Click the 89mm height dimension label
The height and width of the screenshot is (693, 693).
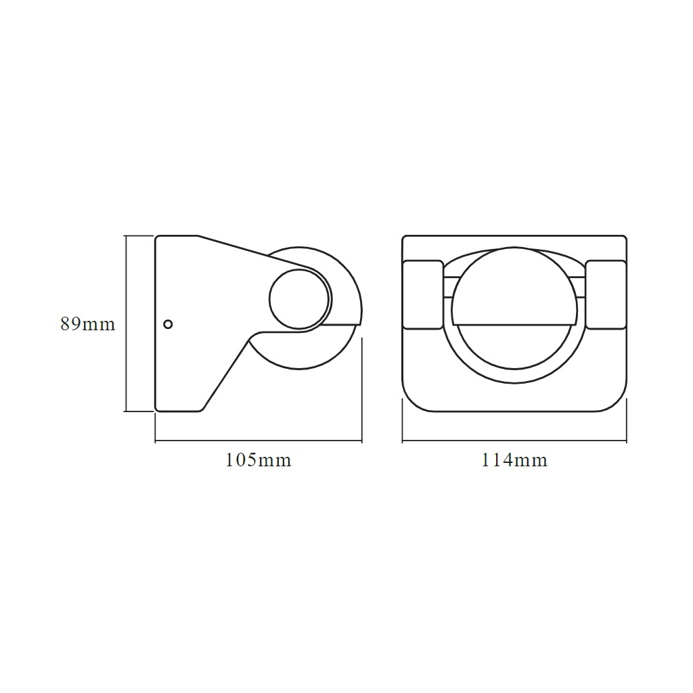pos(87,324)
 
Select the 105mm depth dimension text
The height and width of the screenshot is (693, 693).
pos(258,461)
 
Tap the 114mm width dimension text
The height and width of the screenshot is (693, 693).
pos(514,461)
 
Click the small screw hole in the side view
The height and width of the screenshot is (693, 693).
pos(169,324)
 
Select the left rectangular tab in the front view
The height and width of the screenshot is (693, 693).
pos(423,295)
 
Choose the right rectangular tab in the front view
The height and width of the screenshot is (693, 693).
pos(606,295)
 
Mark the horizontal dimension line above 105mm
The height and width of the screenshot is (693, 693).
pos(258,442)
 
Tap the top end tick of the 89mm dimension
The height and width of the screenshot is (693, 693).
pos(127,236)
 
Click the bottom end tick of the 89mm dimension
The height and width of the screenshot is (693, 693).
pos(127,411)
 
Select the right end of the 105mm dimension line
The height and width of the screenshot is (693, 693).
pos(362,442)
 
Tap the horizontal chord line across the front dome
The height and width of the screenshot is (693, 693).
pos(514,323)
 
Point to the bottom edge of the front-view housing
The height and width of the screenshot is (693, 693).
pos(514,411)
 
